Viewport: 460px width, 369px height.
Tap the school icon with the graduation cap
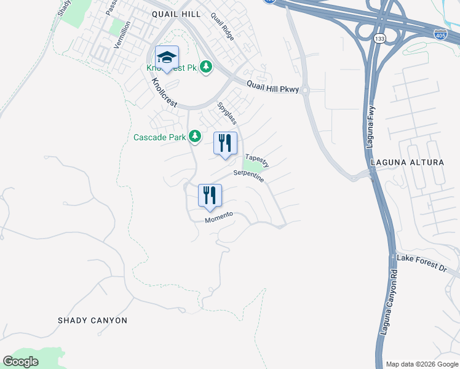tap(167, 58)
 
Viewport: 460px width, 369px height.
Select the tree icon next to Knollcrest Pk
tap(207, 66)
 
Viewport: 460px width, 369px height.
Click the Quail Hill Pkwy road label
tap(272, 87)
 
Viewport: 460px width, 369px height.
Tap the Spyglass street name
tap(227, 113)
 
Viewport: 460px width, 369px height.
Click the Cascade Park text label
tap(159, 137)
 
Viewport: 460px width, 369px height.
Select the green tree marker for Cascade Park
tap(195, 136)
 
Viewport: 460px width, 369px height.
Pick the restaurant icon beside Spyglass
tap(225, 144)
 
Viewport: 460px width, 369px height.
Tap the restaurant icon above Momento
tap(210, 196)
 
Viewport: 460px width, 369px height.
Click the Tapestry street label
tap(257, 161)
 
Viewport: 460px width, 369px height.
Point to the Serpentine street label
tap(248, 176)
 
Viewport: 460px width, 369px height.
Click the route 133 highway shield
tap(378, 39)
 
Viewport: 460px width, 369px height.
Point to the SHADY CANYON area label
tap(92, 320)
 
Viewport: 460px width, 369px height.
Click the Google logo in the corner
tap(21, 362)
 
